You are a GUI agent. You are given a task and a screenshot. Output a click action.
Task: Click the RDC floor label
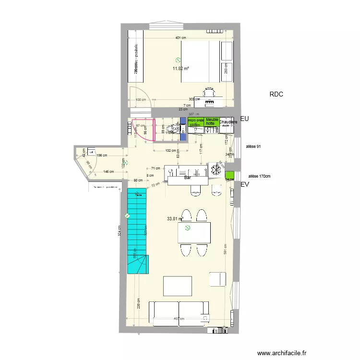[x=276, y=95]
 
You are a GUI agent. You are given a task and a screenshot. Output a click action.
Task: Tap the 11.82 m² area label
[x=180, y=69]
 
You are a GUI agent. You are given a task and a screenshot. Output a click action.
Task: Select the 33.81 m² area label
[x=175, y=219]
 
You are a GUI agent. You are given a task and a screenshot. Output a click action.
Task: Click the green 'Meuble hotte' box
[x=212, y=121]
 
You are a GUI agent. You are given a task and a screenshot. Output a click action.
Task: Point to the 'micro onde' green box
[x=196, y=121]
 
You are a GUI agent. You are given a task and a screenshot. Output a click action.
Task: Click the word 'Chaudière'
[x=228, y=122]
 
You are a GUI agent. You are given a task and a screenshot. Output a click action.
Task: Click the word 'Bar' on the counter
[x=188, y=177]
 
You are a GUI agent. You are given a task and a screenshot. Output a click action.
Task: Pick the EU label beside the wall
[x=244, y=118]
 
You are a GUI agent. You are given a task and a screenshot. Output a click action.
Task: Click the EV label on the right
[x=245, y=184]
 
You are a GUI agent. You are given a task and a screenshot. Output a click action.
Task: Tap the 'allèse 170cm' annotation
[x=259, y=176]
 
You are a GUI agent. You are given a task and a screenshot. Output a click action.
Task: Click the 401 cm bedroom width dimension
[x=180, y=37]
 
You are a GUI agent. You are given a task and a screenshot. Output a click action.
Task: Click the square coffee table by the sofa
[x=178, y=286]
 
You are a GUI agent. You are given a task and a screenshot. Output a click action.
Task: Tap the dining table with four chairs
[x=194, y=232]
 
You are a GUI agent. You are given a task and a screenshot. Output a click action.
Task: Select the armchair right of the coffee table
[x=217, y=279]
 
